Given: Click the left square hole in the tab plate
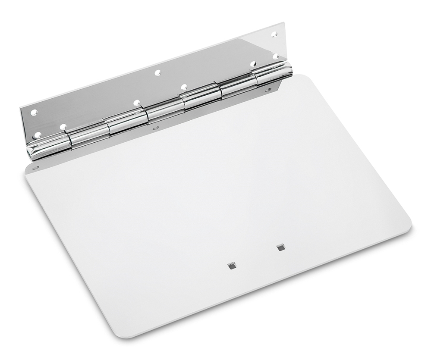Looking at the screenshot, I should (x=232, y=266).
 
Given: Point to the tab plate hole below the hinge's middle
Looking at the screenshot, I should (x=156, y=128).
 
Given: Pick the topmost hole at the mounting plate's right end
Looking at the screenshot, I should (x=274, y=34).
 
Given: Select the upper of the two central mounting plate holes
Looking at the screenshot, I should (x=158, y=72).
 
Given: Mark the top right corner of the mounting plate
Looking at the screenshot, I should (x=284, y=23).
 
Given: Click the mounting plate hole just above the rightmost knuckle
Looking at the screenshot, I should (x=253, y=64).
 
